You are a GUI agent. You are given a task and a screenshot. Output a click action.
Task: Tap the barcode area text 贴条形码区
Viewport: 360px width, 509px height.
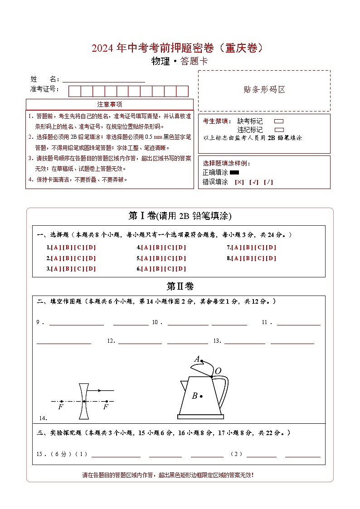tap(264, 90)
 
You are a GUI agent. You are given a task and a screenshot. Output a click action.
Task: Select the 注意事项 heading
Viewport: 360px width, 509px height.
tap(109, 105)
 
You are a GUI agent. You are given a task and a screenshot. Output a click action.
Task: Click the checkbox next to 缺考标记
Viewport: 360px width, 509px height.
tap(279, 121)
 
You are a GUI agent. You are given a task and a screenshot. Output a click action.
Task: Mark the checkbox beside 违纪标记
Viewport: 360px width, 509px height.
tap(279, 130)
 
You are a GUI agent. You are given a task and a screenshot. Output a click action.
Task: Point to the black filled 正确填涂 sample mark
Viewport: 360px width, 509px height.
tap(234, 172)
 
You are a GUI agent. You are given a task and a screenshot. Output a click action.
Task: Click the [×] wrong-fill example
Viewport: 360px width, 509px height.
tap(239, 182)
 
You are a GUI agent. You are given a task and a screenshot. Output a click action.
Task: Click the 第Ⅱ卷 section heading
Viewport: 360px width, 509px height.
tap(180, 286)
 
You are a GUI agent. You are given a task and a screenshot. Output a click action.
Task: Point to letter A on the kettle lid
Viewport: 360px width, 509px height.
tap(197, 359)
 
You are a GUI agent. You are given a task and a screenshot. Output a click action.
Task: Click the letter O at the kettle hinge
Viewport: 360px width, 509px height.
tap(218, 371)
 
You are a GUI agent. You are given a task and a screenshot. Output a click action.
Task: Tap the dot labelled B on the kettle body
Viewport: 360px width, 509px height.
tap(201, 396)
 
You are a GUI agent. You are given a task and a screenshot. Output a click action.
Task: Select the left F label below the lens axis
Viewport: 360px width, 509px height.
tap(61, 407)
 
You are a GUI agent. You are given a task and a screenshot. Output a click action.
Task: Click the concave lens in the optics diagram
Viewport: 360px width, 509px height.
tap(83, 401)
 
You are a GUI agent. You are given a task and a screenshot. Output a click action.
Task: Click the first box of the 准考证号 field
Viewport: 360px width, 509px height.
tap(74, 91)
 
